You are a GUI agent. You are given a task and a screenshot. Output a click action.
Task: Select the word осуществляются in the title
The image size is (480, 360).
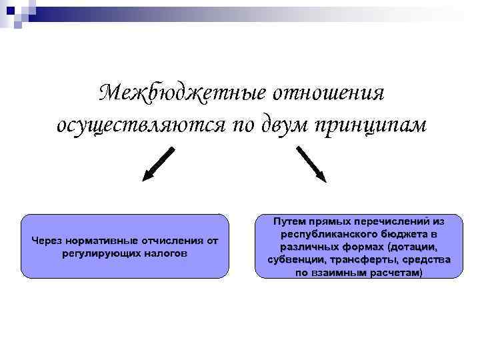(141, 125)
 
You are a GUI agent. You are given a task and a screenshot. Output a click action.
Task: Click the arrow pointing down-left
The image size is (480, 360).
(159, 163)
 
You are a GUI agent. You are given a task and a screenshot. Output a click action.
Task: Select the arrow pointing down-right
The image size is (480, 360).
(311, 163)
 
